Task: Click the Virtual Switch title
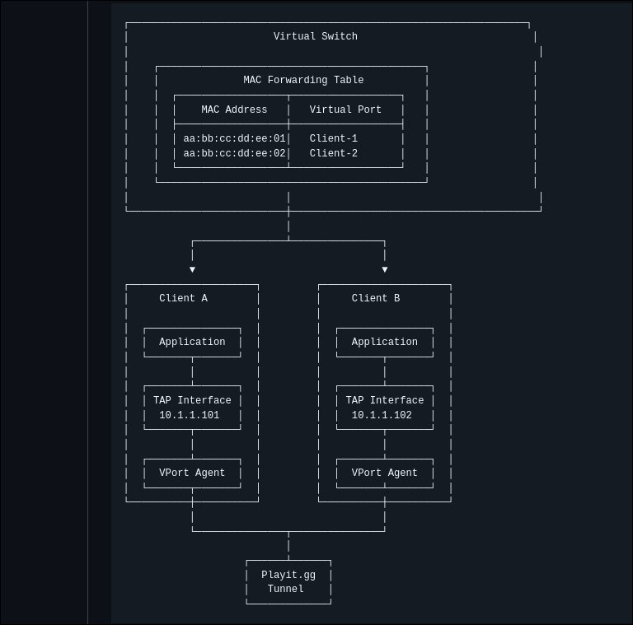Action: point(316,36)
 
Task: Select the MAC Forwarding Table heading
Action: point(303,80)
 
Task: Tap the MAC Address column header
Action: point(234,110)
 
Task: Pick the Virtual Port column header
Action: point(345,110)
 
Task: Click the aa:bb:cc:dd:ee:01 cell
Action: point(234,138)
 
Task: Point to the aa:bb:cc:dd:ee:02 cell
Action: point(234,153)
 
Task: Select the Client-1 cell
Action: point(334,138)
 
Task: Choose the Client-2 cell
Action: point(334,153)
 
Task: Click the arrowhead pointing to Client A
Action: point(193,269)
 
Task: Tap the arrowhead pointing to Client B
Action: point(385,269)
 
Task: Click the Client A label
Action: point(183,298)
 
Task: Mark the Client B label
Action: point(376,298)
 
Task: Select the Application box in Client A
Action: point(192,343)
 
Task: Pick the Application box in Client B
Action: point(385,343)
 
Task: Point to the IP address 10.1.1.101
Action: point(189,415)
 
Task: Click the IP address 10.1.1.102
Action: point(382,415)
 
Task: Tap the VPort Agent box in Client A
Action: point(192,473)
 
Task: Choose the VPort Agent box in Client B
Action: point(385,473)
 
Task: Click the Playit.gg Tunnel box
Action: point(288,582)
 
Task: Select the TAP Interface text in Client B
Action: point(385,400)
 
